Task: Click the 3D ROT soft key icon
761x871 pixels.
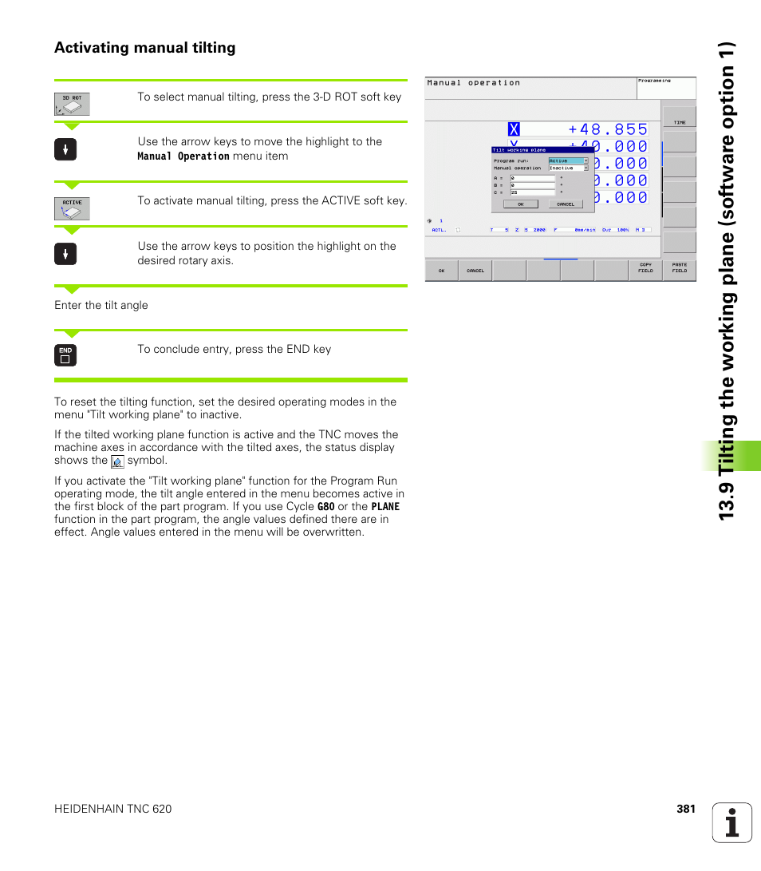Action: (x=72, y=104)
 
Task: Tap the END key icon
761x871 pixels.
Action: (x=65, y=355)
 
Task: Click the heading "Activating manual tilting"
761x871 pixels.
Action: (x=144, y=48)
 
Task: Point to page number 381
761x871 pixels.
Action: (x=686, y=809)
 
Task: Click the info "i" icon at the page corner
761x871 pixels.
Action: (x=732, y=822)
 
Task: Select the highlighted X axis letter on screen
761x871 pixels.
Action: (x=513, y=129)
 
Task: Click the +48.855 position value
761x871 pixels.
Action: (x=608, y=129)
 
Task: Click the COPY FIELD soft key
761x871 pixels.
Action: (x=645, y=268)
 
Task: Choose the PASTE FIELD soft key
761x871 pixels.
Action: (x=679, y=268)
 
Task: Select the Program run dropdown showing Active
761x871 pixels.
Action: (x=568, y=160)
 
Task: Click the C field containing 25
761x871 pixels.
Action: (x=532, y=192)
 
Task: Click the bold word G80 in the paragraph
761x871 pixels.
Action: (x=325, y=507)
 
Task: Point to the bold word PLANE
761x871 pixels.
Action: (x=385, y=507)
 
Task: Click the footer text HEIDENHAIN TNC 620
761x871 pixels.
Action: (x=112, y=809)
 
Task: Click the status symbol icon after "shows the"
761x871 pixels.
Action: (x=117, y=461)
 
